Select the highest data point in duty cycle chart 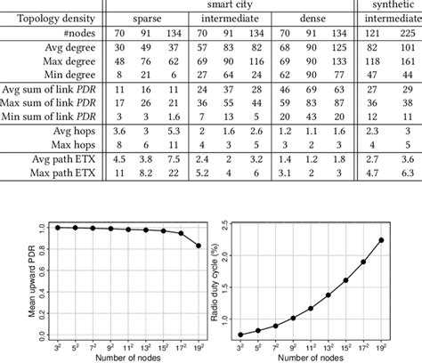coord(408,239)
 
